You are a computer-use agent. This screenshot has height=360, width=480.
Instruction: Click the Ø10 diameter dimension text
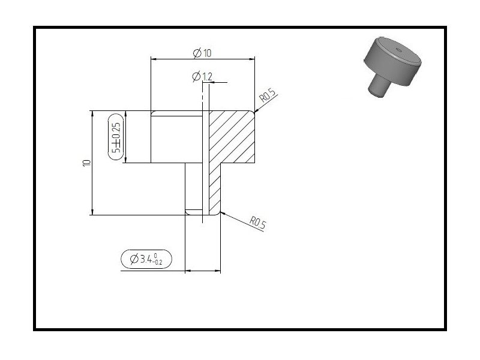tap(202, 53)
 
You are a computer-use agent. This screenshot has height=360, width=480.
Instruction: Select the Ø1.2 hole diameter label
tap(202, 76)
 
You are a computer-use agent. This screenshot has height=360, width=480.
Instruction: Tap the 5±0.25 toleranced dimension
tap(116, 137)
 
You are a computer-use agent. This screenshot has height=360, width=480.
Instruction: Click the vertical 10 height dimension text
tap(87, 163)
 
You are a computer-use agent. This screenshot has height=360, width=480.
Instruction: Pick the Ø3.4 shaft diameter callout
tap(146, 259)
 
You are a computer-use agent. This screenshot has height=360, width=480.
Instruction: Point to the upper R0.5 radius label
tap(268, 95)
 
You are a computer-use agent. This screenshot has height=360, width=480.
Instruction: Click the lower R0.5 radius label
tap(258, 223)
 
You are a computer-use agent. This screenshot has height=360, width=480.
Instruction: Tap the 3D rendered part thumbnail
tap(392, 67)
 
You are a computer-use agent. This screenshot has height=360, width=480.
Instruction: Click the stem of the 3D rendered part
tap(379, 86)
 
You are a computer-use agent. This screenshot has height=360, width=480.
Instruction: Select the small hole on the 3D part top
tap(398, 49)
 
